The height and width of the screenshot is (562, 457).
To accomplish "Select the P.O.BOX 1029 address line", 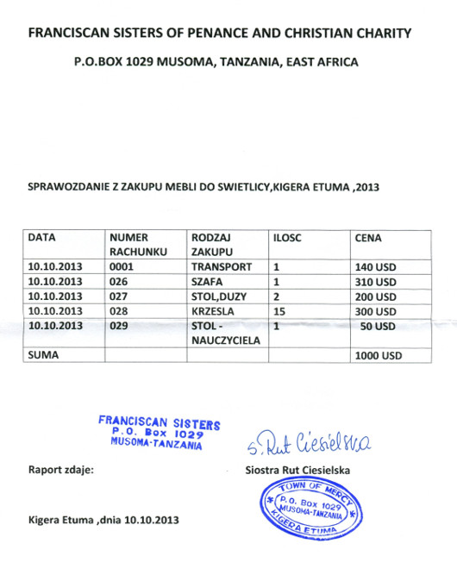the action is pyautogui.click(x=216, y=62).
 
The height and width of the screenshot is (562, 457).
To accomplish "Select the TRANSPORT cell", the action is pyautogui.click(x=222, y=267).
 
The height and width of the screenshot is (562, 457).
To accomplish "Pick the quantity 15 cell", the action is pyautogui.click(x=278, y=311).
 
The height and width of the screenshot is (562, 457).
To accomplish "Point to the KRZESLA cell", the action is pyautogui.click(x=215, y=311).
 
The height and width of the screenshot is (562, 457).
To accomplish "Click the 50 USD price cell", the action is pyautogui.click(x=379, y=326).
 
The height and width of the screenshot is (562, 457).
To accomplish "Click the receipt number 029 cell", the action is pyautogui.click(x=118, y=326).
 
